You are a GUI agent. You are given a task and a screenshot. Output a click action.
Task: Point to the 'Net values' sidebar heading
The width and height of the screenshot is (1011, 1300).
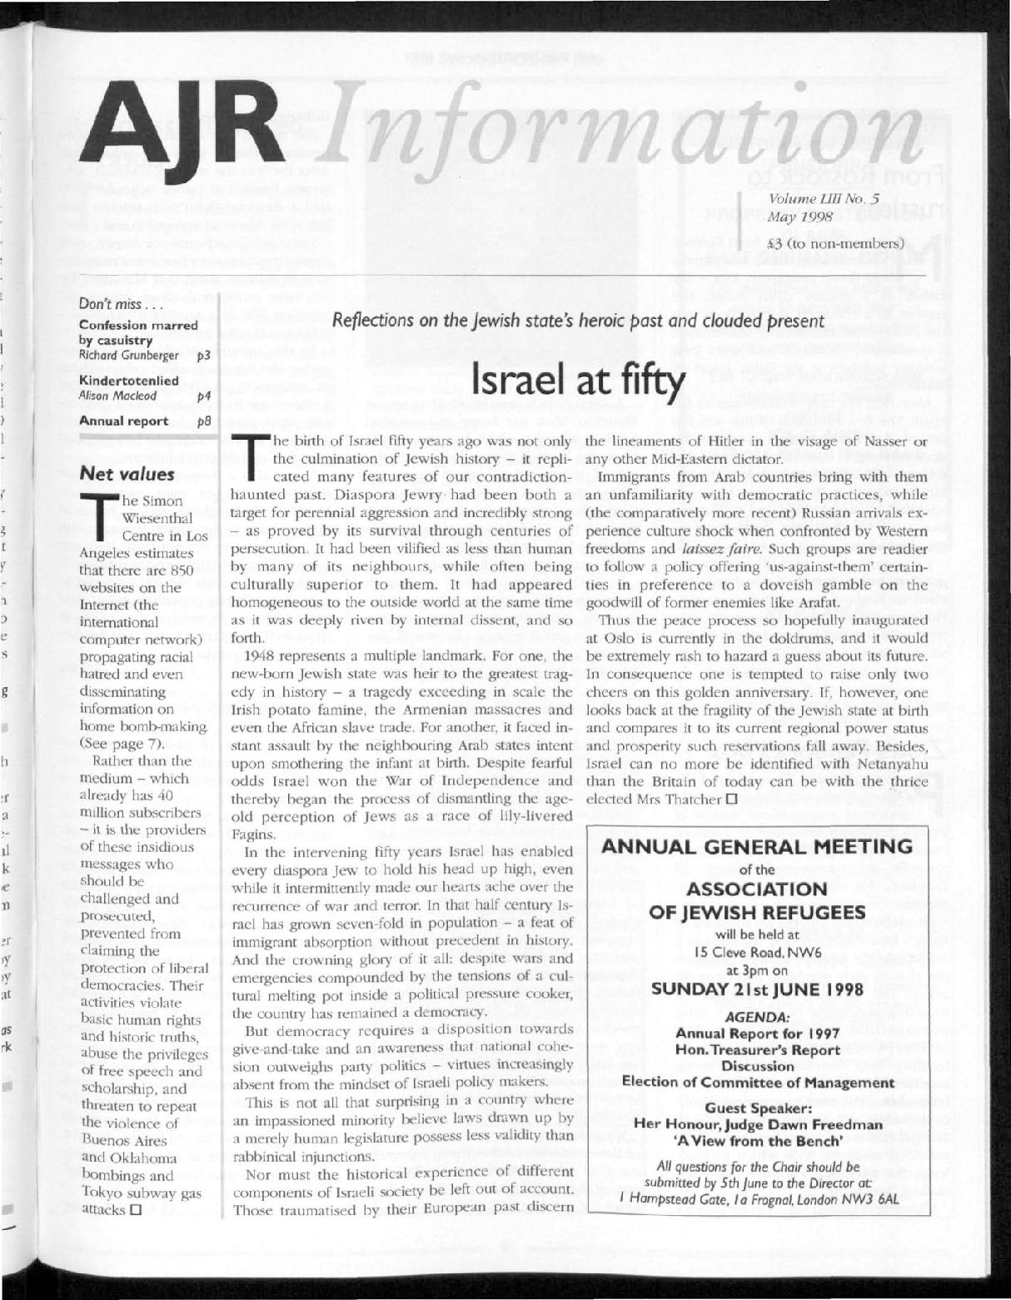pos(126,475)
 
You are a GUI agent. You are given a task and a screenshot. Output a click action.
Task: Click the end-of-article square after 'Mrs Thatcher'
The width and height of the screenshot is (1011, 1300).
pos(732,799)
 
